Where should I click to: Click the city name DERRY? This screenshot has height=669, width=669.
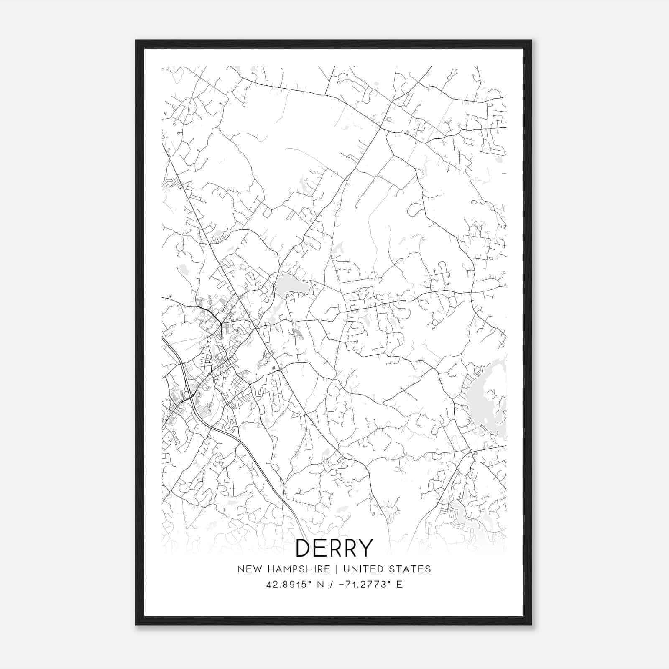pos(334,548)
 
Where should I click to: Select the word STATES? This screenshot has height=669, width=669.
pos(411,569)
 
